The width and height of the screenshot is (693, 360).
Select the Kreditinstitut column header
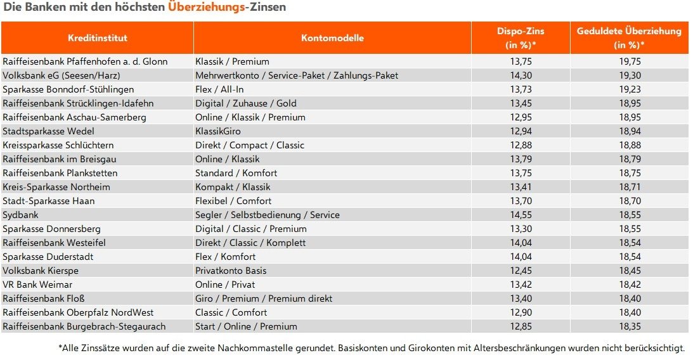coord(97,38)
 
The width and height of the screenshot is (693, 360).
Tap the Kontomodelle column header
coord(332,38)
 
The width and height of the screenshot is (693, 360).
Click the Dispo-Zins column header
coord(521,38)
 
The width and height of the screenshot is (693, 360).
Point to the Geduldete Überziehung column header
coord(629,38)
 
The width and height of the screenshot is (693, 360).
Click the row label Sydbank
coord(21,215)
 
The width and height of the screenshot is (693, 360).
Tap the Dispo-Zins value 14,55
coord(521,215)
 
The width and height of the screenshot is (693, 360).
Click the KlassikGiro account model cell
coord(218,131)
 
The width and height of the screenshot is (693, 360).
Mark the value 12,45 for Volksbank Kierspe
coord(521,271)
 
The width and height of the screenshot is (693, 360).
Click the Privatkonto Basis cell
coord(231,271)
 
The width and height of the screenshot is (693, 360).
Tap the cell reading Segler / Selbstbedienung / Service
coord(268,215)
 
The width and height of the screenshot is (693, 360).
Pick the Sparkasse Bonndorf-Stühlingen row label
coord(68,89)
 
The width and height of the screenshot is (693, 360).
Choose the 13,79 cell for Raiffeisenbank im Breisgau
coord(521,159)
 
